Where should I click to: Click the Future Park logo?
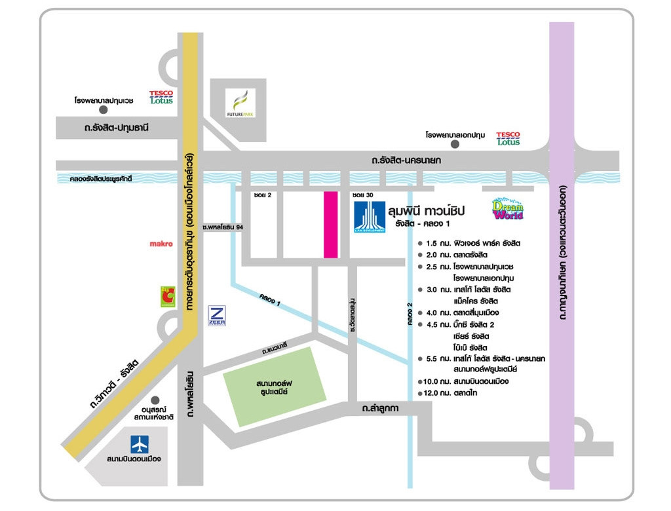click(x=240, y=104)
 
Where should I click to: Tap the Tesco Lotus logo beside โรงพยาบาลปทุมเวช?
click(x=161, y=98)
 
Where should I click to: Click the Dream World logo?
click(x=508, y=209)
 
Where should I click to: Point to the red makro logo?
click(x=161, y=244)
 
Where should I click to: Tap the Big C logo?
click(x=168, y=297)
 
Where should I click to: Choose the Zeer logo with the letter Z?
click(x=217, y=315)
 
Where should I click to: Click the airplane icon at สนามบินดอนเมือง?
click(x=140, y=444)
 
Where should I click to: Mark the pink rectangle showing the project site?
click(x=330, y=225)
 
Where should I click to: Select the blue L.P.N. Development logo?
click(x=370, y=217)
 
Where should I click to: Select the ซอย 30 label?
click(x=362, y=195)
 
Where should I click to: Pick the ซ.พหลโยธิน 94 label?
click(x=223, y=227)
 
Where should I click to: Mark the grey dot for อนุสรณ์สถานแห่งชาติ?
click(x=155, y=400)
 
